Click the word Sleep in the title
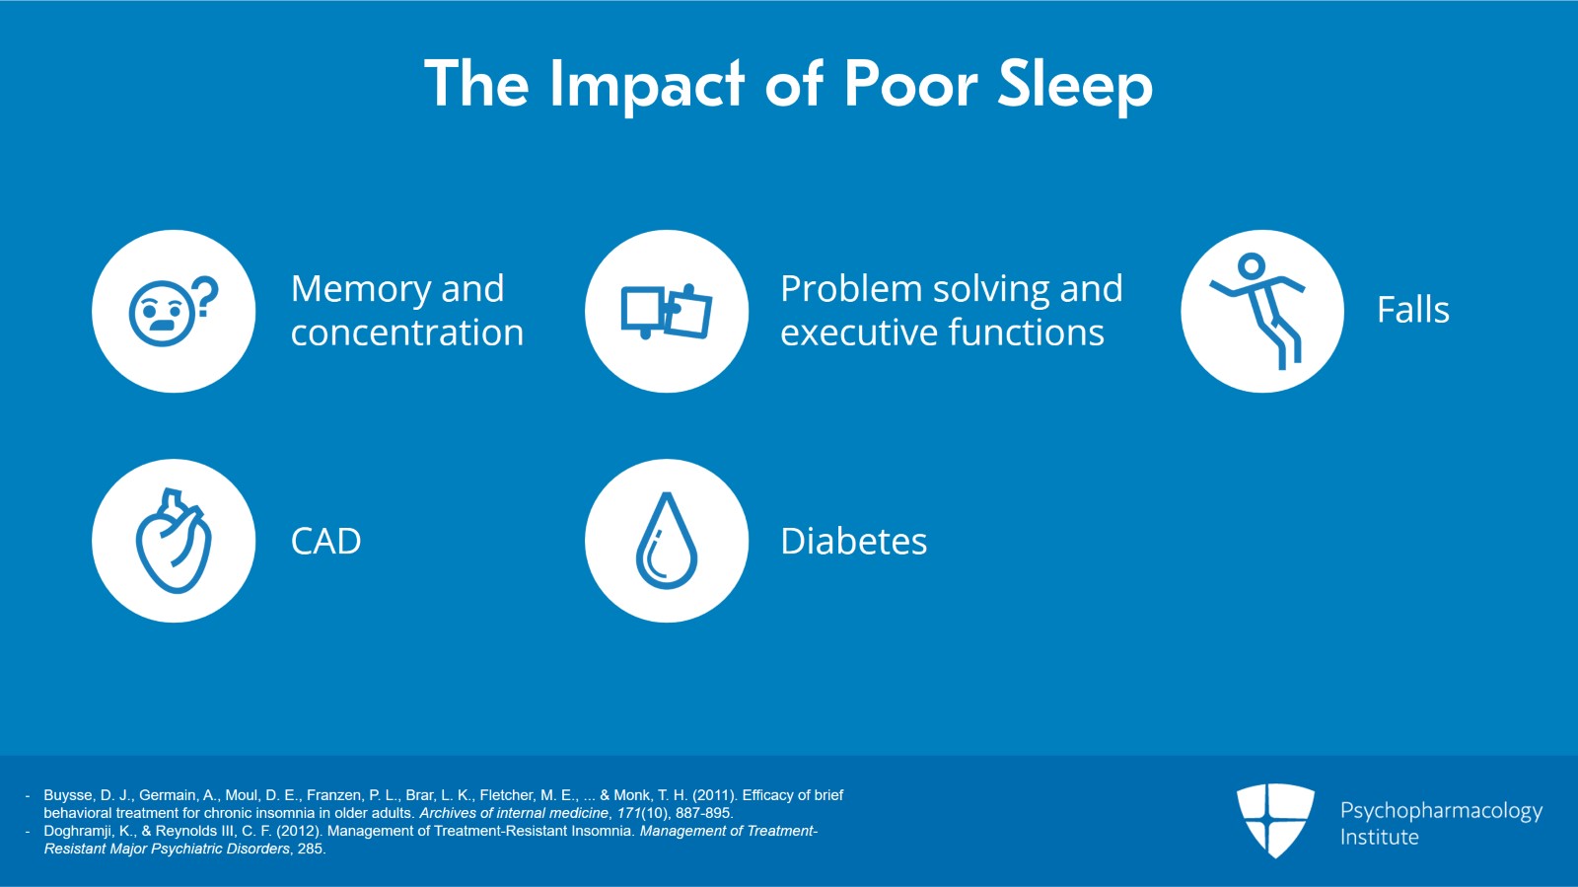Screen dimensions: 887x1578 point(1074,85)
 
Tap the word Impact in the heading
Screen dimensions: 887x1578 point(646,85)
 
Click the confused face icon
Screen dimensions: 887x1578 point(160,314)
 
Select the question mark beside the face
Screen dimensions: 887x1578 point(204,295)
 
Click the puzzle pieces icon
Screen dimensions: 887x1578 point(667,312)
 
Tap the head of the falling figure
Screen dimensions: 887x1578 point(1251,265)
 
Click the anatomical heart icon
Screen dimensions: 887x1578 point(174,541)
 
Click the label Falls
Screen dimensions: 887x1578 point(1412,311)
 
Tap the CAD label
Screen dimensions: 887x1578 point(325,542)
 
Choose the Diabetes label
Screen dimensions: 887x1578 point(853,542)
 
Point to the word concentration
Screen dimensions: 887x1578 point(406,333)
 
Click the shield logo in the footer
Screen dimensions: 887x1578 point(1275,819)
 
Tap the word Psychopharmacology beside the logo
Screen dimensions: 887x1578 point(1441,811)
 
